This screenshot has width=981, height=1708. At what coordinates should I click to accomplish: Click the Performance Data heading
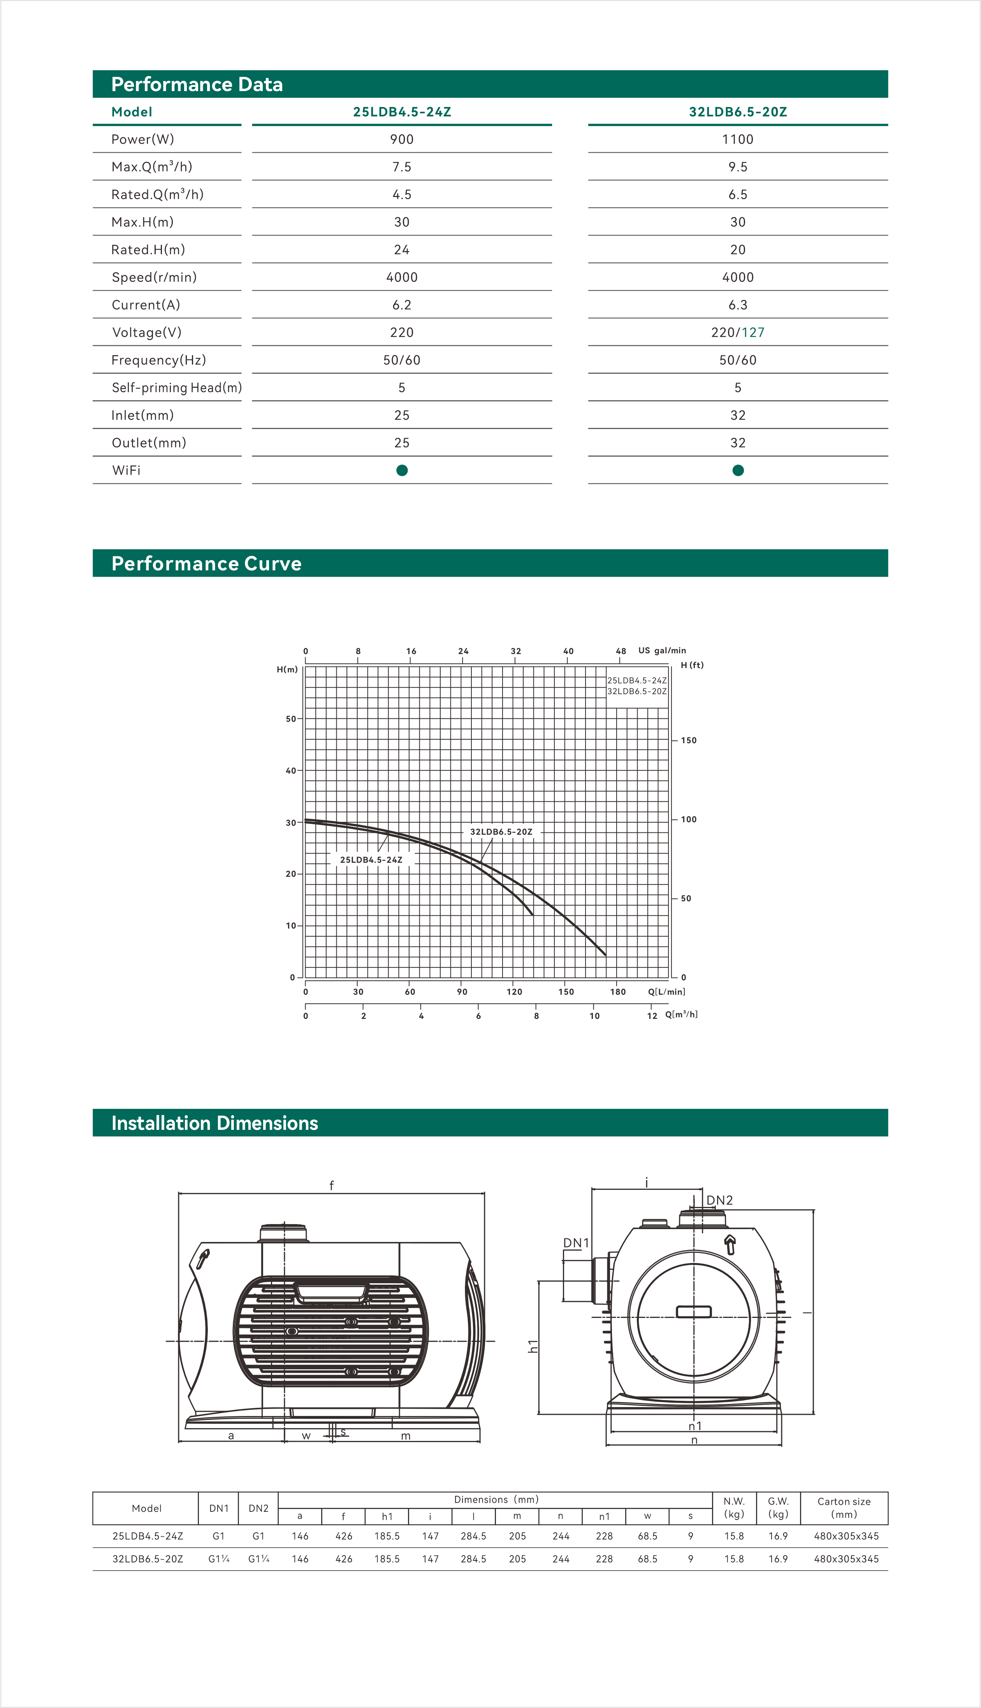(x=197, y=84)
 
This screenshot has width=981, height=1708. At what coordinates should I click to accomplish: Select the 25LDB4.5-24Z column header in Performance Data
(x=402, y=112)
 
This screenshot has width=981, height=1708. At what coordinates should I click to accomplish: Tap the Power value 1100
(x=738, y=139)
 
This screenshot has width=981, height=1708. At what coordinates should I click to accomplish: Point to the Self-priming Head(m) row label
(x=176, y=387)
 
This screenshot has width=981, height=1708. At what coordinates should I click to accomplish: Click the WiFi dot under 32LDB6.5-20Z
(x=738, y=470)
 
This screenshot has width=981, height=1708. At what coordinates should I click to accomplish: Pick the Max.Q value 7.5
(x=402, y=167)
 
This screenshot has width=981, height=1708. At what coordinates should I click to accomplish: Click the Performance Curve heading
(x=206, y=563)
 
